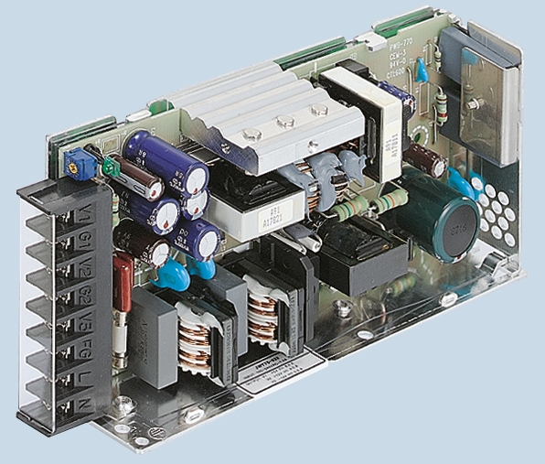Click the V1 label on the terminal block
click(85, 218)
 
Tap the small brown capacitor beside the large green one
click(426, 159)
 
